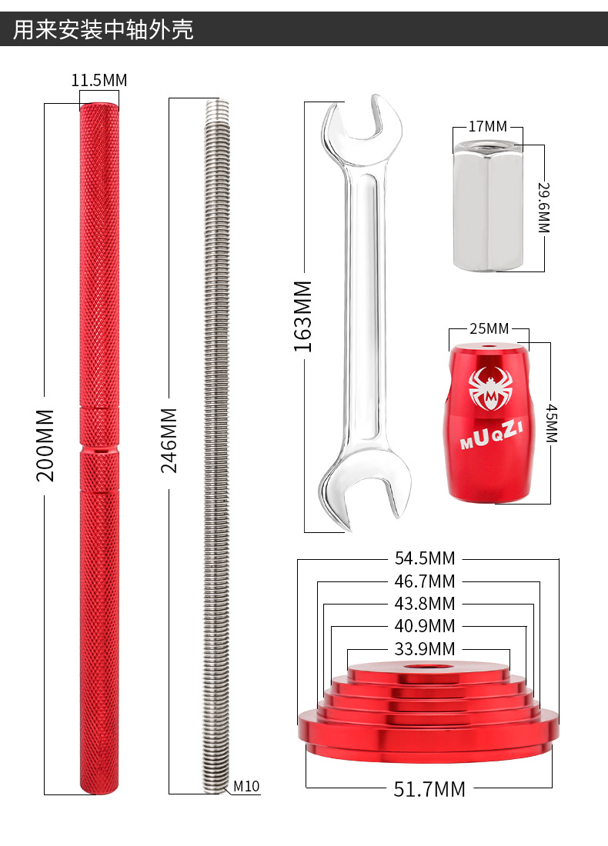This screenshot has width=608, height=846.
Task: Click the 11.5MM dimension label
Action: [x=99, y=81]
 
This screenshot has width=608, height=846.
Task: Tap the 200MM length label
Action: [x=45, y=445]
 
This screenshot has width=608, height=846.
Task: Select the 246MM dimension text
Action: [x=169, y=440]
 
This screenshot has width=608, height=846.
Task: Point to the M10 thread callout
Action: [x=246, y=786]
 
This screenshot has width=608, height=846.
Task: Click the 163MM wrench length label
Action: [x=303, y=316]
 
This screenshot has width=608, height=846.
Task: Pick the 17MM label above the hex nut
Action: [x=488, y=126]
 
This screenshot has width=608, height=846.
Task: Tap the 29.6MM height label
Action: [x=544, y=208]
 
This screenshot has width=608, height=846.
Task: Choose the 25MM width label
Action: [x=489, y=328]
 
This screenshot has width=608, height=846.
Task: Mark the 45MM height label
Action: [x=551, y=423]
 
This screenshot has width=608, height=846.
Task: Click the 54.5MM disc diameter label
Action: [x=425, y=558]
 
